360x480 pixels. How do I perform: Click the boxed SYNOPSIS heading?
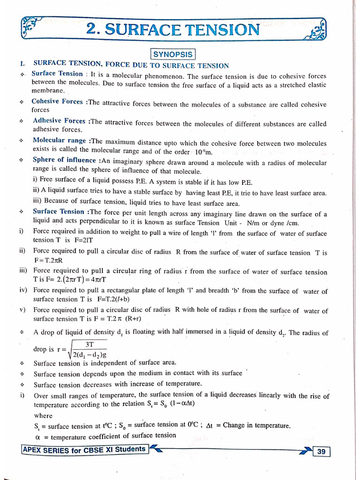pos(173,54)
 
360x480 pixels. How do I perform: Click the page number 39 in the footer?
pos(321,451)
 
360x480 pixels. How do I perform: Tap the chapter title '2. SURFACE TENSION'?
pos(172,30)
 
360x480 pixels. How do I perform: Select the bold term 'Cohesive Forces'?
pos(57,101)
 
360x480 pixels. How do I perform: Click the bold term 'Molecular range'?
pos(60,141)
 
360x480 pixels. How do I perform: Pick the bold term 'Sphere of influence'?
pos(64,160)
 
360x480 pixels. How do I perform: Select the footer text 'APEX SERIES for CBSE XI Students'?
pos(85,449)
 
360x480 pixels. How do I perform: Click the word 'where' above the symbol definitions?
pos(44,415)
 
